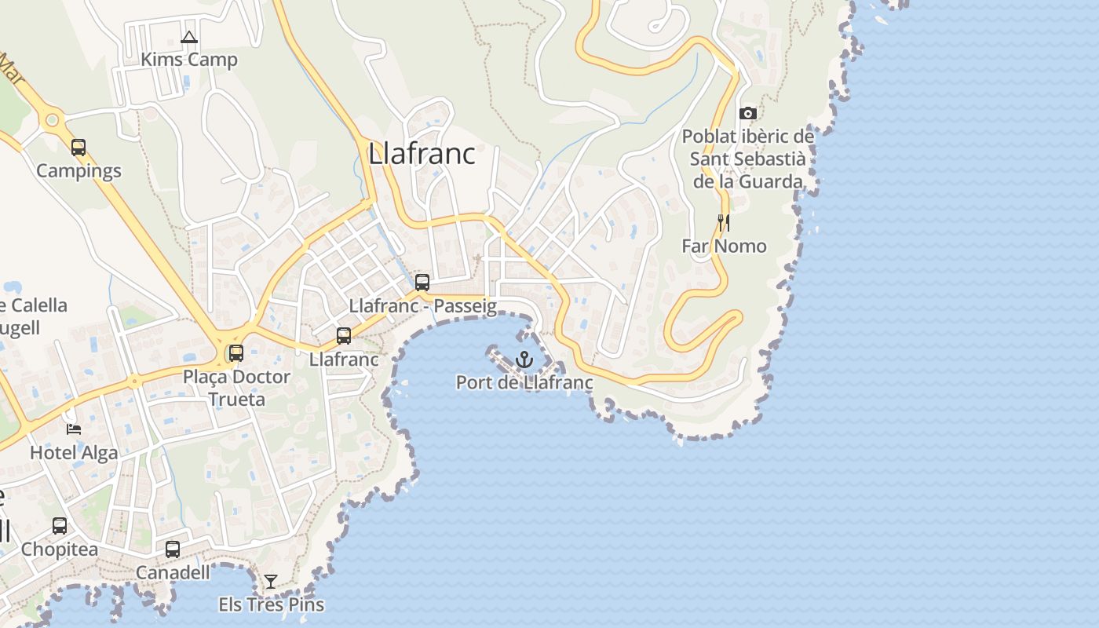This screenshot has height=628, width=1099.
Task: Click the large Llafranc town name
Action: pos(422,154)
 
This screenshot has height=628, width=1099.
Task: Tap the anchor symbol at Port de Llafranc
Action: pos(524,360)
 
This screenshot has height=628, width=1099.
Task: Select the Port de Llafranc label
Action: pos(524,383)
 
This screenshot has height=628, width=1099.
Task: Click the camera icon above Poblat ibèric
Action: pos(747,114)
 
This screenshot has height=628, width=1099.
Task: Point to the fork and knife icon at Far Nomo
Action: pos(723,223)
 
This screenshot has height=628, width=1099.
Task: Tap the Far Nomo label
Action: pos(723,246)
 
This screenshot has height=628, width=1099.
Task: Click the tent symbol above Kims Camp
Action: pos(188,37)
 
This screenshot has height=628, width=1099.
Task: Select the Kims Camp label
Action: pos(188,60)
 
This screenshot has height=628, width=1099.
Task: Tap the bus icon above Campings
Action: pos(78,147)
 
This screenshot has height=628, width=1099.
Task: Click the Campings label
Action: pos(78,170)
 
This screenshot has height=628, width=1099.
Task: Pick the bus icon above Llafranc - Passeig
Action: pos(422,283)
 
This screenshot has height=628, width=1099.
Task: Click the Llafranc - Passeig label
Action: pos(422,306)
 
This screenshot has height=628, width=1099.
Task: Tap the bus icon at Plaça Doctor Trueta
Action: pos(235,353)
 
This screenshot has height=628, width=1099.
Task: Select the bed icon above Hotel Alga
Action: pos(74,429)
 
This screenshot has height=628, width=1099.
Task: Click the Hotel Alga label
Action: pos(74,452)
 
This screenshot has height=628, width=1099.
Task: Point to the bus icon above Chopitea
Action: pos(60,526)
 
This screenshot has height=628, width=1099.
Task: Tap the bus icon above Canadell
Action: pos(173,549)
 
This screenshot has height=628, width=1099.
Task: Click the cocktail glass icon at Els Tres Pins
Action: pos(271,582)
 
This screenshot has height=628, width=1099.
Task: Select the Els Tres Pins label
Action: pos(271,604)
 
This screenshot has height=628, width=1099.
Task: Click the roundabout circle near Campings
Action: pos(52,120)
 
